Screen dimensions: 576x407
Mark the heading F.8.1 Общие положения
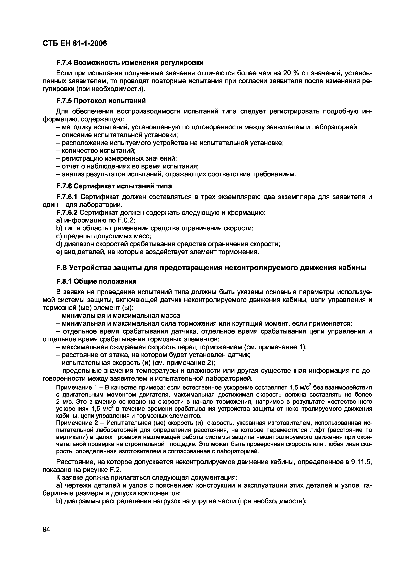pos(96,281)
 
